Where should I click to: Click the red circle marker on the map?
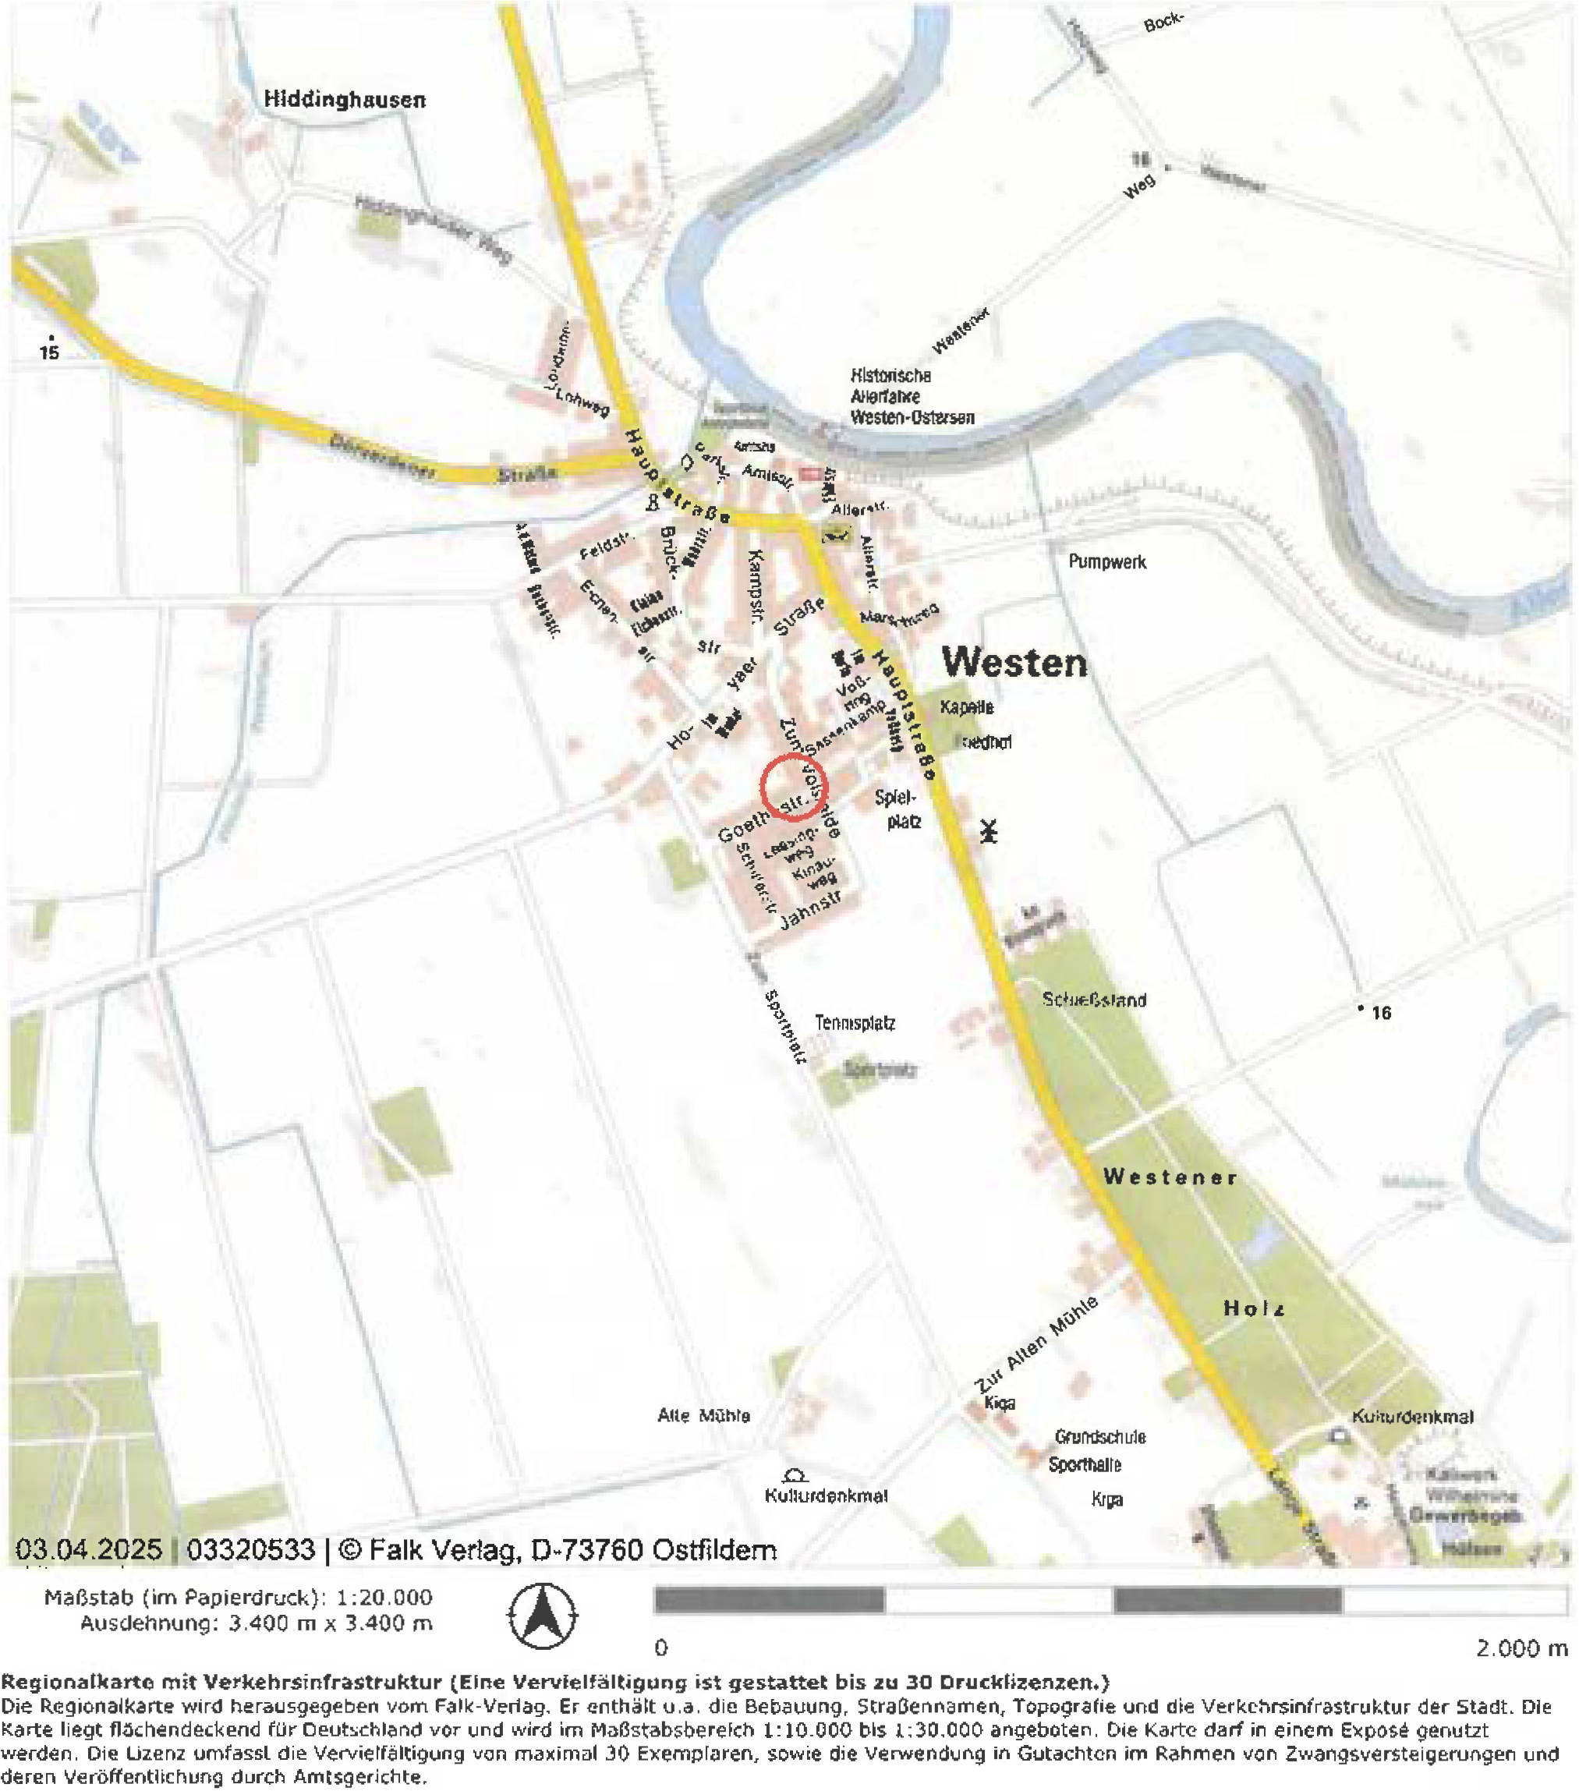point(793,787)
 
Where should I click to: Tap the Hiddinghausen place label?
point(345,100)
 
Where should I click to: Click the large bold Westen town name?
point(1014,663)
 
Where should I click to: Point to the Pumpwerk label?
point(1106,561)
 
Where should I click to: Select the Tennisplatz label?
point(855,1022)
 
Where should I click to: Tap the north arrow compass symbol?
point(543,1616)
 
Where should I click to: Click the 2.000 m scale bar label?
point(1521,1648)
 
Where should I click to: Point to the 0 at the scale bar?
point(660,1648)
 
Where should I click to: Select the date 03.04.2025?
point(88,1549)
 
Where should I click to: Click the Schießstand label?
point(1093,1000)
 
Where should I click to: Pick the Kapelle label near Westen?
point(966,706)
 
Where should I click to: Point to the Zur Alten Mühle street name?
point(1036,1345)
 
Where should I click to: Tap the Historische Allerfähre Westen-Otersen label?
point(912,397)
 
